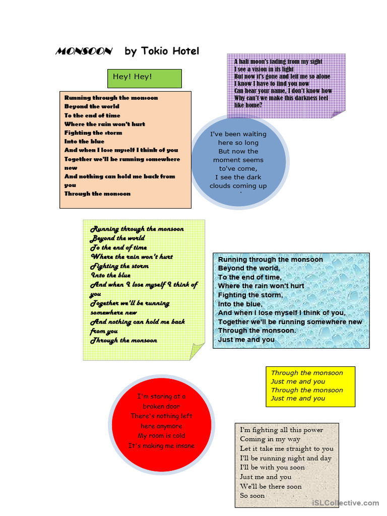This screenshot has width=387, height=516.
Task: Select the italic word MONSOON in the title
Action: click(84, 51)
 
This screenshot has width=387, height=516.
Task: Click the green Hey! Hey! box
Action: click(144, 78)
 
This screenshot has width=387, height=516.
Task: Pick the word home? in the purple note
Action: click(254, 105)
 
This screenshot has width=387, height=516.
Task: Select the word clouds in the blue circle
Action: click(222, 186)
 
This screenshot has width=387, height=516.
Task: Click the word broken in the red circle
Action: click(154, 406)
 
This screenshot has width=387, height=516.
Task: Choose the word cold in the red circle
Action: click(179, 436)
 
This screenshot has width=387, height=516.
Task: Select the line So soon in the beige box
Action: click(252, 495)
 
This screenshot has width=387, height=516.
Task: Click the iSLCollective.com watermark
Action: click(345, 502)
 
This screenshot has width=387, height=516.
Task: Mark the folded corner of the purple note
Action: click(338, 113)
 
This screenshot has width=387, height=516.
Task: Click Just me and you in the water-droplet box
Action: click(246, 340)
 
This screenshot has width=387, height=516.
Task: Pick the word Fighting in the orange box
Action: click(79, 133)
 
